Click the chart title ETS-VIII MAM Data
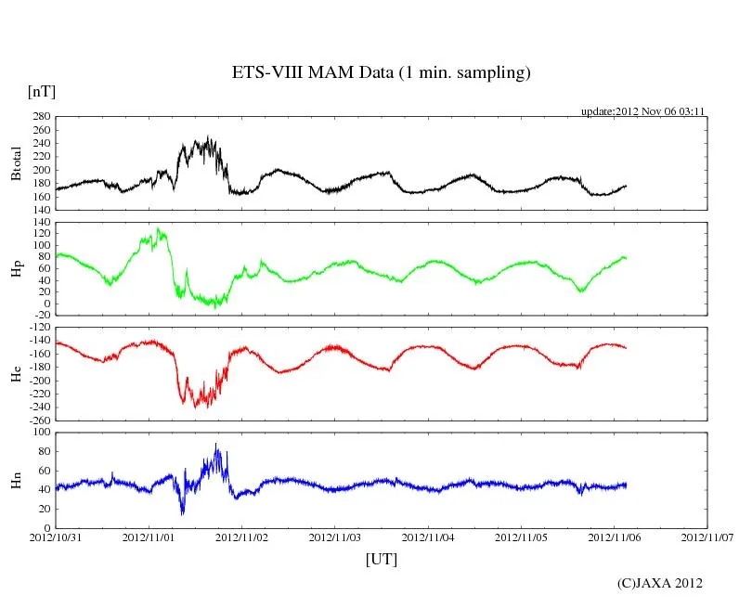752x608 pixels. pyautogui.click(x=381, y=73)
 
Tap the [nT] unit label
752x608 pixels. pyautogui.click(x=41, y=92)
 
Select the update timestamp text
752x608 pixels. pyautogui.click(x=643, y=111)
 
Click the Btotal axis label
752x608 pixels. pyautogui.click(x=16, y=162)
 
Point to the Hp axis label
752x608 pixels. pyautogui.click(x=16, y=268)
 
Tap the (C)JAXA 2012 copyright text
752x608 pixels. pyautogui.click(x=659, y=583)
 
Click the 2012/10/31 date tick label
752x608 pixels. pyautogui.click(x=56, y=537)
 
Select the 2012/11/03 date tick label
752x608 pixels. pyautogui.click(x=335, y=537)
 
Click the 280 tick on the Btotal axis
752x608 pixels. pyautogui.click(x=41, y=117)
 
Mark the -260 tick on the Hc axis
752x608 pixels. pyautogui.click(x=38, y=420)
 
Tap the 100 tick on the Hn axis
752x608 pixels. pyautogui.click(x=41, y=433)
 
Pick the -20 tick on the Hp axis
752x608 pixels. pyautogui.click(x=41, y=315)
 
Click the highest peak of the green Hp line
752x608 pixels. pyautogui.click(x=158, y=227)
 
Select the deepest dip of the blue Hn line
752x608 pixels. pyautogui.click(x=182, y=513)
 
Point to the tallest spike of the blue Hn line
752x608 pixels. pyautogui.click(x=216, y=443)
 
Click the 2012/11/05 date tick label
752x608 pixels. pyautogui.click(x=522, y=537)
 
